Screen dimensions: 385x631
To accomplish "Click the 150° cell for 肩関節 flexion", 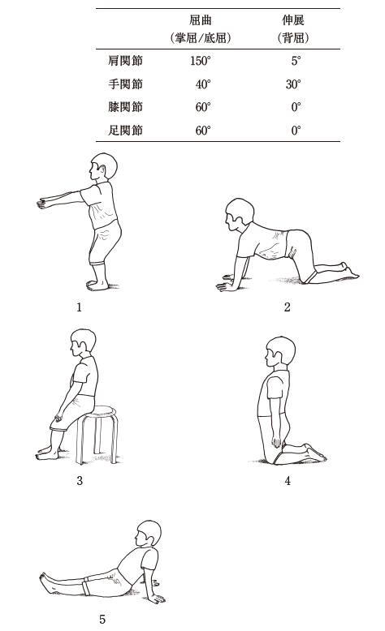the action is pos(201,61).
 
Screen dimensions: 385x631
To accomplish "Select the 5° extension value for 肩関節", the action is pos(296,61).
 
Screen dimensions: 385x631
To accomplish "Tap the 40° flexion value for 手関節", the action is pos(203,84).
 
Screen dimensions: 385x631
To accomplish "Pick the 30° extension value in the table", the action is pos(293,84).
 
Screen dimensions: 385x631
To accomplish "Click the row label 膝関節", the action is pos(125,107).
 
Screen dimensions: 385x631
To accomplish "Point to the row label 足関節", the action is pos(125,131).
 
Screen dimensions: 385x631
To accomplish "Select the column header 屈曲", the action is pos(201,20).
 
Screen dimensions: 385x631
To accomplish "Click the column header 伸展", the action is pos(293,20).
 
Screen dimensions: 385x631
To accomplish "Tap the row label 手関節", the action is pos(125,84).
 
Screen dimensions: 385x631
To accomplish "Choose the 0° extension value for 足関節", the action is pos(296,131).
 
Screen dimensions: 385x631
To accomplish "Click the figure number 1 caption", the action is pos(79,307).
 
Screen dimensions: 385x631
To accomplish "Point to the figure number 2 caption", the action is pos(287,307).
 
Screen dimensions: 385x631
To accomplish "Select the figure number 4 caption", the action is pos(288,480).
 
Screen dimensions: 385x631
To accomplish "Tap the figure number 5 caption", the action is pos(102,619).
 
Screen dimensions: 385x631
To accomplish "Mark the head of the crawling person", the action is pos(240,214).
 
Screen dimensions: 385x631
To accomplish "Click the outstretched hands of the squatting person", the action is pos(41,204).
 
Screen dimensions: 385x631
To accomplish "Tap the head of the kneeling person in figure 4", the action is pos(279,352).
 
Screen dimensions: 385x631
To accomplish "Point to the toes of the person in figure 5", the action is pos(42,577).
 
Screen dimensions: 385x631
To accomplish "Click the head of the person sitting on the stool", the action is pos(83,343).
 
